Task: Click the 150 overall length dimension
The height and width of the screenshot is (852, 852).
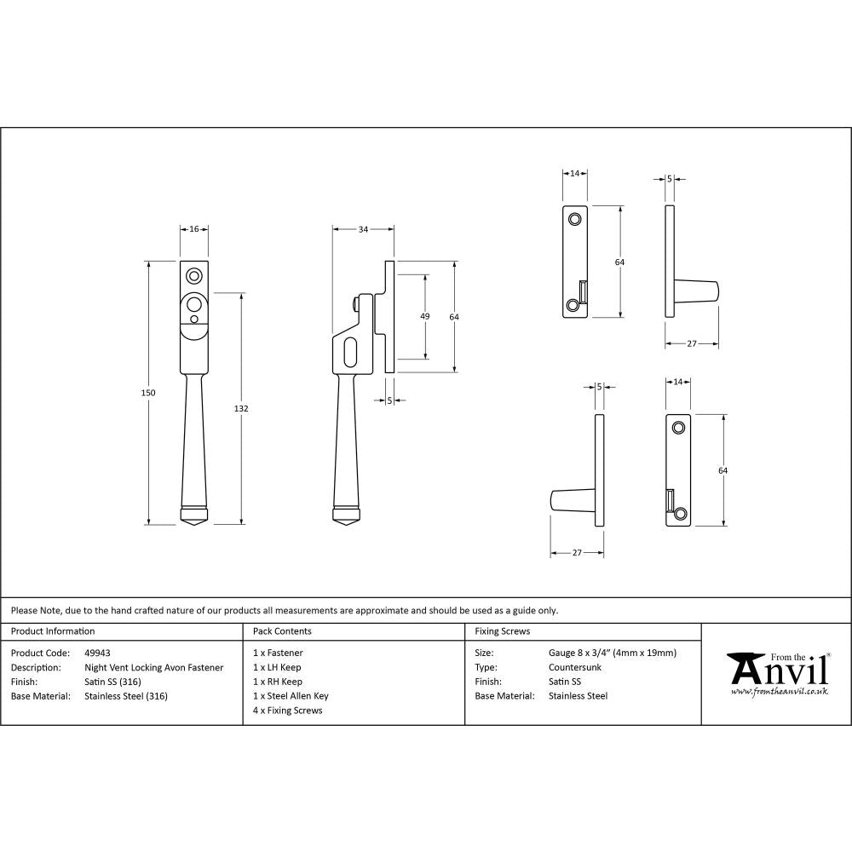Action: (148, 392)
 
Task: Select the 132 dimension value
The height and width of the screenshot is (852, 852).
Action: (241, 409)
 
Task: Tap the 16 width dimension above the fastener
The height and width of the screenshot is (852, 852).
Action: (193, 229)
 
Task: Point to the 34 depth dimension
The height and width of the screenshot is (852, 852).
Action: (363, 229)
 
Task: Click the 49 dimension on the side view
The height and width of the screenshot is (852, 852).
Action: (425, 316)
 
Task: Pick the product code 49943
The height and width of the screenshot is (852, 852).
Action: (98, 653)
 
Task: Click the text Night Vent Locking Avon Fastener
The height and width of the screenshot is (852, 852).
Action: (154, 668)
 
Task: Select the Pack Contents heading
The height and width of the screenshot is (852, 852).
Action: (282, 631)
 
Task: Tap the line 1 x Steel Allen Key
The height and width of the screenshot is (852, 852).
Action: (291, 696)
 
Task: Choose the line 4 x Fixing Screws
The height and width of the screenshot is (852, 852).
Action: (288, 711)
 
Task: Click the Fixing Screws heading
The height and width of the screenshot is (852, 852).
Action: (503, 631)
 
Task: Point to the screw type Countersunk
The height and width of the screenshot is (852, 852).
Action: (575, 668)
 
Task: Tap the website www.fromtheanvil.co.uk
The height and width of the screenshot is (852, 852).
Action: (779, 693)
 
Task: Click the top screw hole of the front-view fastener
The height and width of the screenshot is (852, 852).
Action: (194, 276)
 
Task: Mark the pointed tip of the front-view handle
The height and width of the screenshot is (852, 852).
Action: (193, 527)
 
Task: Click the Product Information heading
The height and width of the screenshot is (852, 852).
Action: (53, 631)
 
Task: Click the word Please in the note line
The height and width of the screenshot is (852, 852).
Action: (24, 610)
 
